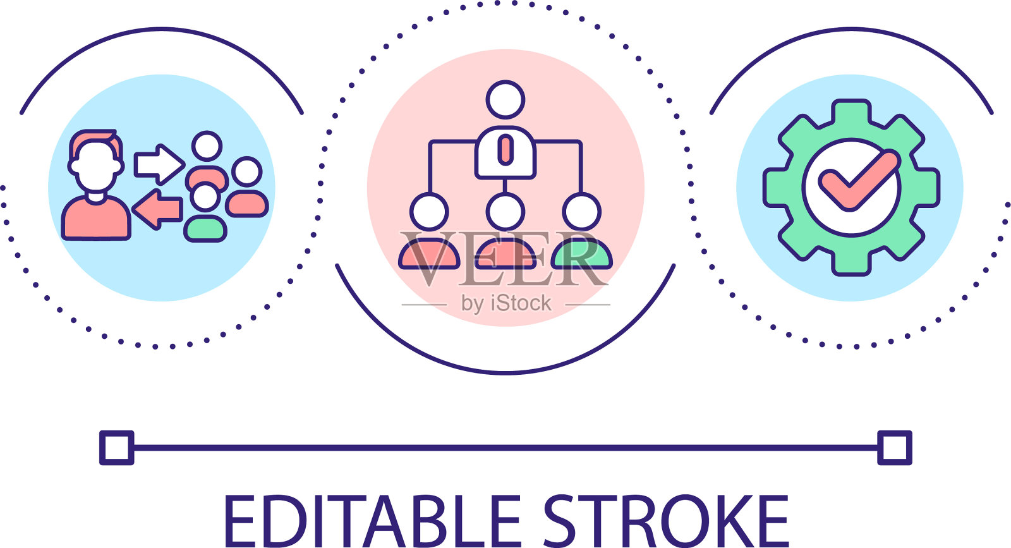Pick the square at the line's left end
[x=117, y=448]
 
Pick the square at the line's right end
[x=894, y=448]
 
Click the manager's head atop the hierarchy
[x=505, y=99]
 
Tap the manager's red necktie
[x=505, y=150]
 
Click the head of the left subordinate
[x=429, y=212]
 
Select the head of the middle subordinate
[x=505, y=212]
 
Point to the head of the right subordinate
[x=581, y=212]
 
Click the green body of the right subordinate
[x=581, y=256]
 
